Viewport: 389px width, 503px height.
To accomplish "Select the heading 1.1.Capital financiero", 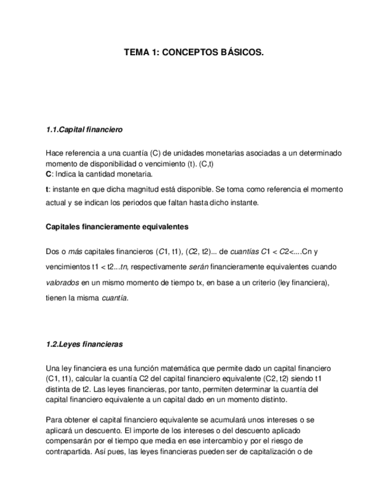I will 84,129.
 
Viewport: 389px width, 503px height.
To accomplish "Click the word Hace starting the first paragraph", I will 55,153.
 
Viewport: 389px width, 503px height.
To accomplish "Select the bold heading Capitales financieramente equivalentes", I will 117,226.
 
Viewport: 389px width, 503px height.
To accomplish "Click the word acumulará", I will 232,420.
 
